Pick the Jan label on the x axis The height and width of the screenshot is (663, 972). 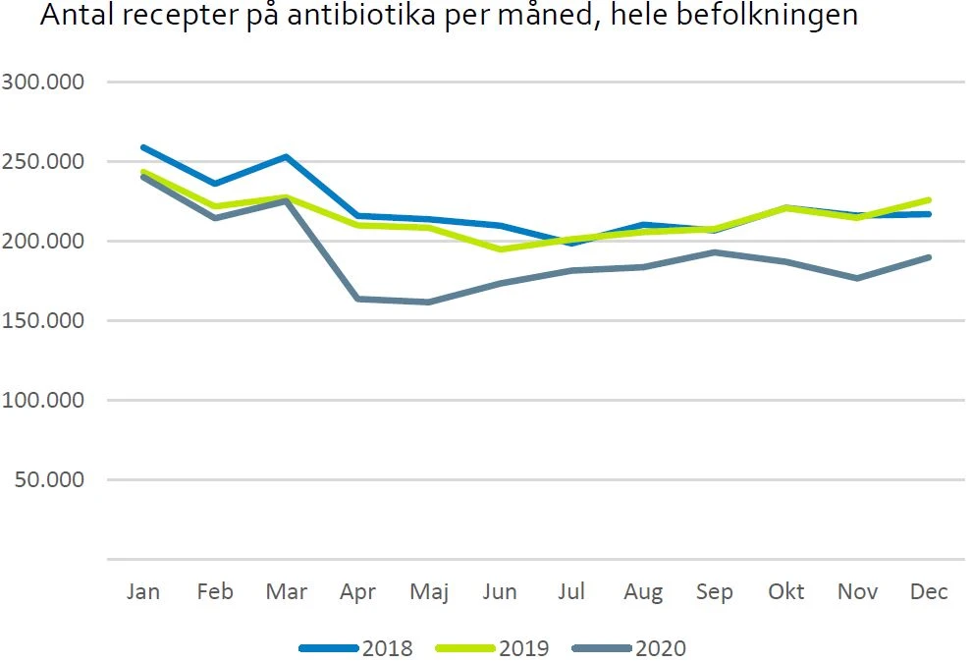coord(143,591)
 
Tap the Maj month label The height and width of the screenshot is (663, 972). coord(428,591)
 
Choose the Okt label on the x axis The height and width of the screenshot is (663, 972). coord(785,591)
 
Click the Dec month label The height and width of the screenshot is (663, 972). coord(929,591)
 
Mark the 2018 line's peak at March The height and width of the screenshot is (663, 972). coord(286,156)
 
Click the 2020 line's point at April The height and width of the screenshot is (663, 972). coord(357,299)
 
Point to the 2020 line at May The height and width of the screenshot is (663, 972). coord(429,302)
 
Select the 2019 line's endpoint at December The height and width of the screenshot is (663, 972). coord(929,199)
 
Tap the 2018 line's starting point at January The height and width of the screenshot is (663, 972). coord(143,147)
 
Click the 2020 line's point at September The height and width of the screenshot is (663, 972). coord(715,252)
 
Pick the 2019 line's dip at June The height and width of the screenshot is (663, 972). coord(501,249)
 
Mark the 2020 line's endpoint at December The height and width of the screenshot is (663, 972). coord(929,257)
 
